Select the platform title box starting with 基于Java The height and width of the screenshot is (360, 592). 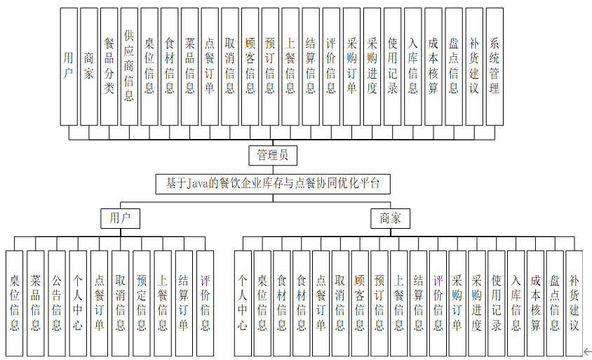[273, 184]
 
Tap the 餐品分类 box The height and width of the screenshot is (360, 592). [109, 67]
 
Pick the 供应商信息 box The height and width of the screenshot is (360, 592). [129, 67]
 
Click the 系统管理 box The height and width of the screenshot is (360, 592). [494, 67]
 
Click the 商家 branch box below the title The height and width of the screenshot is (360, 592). [390, 218]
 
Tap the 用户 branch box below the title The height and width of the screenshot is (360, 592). [120, 218]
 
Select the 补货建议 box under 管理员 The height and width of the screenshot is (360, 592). [473, 67]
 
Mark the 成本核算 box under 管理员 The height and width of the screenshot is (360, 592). [433, 67]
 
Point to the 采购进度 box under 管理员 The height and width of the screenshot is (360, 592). [372, 67]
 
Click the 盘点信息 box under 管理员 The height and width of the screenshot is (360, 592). [453, 67]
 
